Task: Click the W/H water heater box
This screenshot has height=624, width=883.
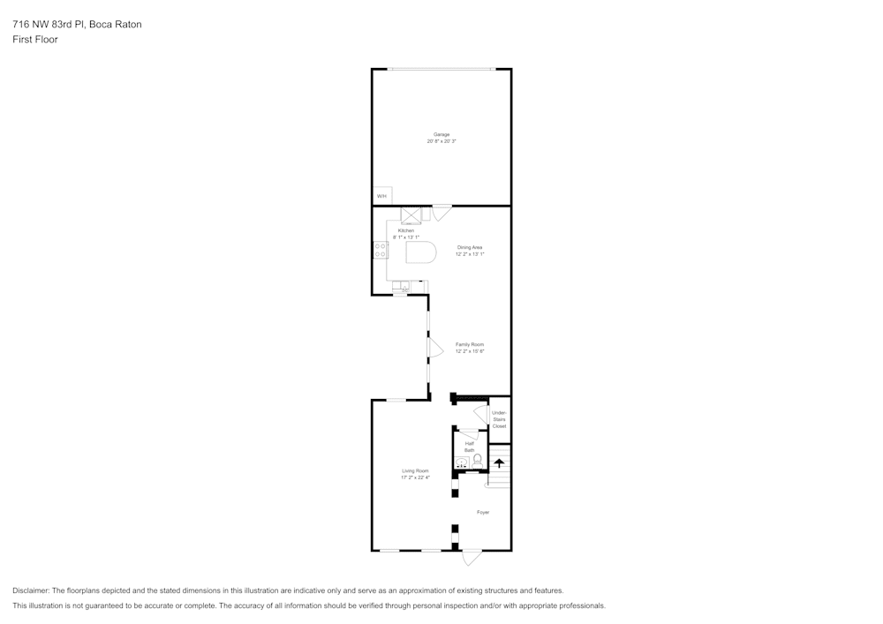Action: [x=381, y=196]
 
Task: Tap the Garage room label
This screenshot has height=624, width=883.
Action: [x=441, y=134]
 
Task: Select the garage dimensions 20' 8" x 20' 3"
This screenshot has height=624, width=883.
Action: [x=441, y=141]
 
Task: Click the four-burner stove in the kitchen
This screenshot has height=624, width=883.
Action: [x=380, y=250]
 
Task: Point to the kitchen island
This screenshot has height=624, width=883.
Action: [x=421, y=253]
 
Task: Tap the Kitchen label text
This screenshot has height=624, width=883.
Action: [x=405, y=230]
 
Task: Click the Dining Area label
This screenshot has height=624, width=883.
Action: [x=470, y=247]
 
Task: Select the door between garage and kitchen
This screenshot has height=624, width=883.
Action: [x=441, y=212]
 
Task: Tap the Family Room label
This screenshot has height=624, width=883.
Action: [x=470, y=344]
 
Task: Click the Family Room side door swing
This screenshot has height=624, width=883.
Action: [x=434, y=348]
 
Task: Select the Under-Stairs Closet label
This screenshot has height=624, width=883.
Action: [x=499, y=419]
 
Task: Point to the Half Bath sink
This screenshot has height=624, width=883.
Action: [x=462, y=462]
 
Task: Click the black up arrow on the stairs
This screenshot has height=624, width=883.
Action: [x=499, y=462]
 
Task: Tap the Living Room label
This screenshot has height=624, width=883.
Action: [x=415, y=471]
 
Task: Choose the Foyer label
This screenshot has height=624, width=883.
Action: [x=483, y=512]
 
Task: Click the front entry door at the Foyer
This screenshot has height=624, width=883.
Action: [x=472, y=557]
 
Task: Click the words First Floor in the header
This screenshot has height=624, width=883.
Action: [x=35, y=40]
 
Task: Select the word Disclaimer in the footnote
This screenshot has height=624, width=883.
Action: [x=31, y=590]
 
